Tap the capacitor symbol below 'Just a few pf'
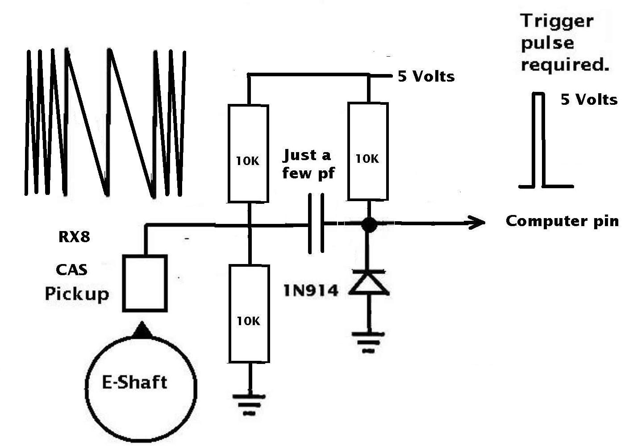(316, 223)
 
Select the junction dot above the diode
(369, 224)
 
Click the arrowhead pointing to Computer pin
(477, 223)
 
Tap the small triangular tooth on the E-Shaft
(142, 329)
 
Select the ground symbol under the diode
(368, 342)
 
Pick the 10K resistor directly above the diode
(368, 151)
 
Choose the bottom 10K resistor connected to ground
(249, 314)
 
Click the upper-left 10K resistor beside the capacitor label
(248, 153)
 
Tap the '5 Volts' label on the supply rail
(426, 76)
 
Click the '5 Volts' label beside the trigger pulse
(589, 99)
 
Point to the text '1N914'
(311, 290)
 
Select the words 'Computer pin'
(562, 222)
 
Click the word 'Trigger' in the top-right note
(557, 22)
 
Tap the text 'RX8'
(74, 237)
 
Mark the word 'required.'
(565, 66)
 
